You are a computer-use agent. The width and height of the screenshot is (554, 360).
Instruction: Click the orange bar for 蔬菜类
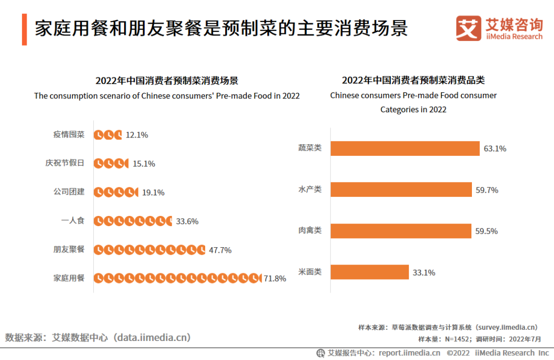[405, 148]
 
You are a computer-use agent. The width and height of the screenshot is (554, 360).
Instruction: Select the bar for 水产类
[401, 190]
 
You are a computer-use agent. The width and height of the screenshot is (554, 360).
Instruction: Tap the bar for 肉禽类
[401, 231]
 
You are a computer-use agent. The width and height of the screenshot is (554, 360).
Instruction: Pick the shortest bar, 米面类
[369, 272]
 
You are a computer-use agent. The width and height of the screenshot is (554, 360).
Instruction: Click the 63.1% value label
[495, 149]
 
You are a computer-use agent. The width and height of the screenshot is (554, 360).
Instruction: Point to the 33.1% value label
[424, 273]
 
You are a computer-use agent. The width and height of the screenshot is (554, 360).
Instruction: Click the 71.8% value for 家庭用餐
[275, 278]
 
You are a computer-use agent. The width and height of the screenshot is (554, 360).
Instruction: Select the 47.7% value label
[220, 250]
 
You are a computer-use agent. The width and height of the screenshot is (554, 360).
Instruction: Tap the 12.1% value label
[137, 135]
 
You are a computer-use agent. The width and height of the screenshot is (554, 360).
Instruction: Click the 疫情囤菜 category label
[69, 135]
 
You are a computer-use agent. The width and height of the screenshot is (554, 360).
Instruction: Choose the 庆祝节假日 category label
[65, 163]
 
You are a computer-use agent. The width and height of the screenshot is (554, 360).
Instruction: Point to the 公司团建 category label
[69, 192]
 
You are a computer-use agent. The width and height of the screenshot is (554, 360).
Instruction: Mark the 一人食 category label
[72, 221]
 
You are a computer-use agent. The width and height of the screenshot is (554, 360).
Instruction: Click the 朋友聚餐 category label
[69, 250]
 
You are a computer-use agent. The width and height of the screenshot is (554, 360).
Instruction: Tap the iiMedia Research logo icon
[468, 28]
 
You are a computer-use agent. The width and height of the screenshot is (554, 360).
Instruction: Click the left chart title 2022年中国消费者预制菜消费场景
[167, 81]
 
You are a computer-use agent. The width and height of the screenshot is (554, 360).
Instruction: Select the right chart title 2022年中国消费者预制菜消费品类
[413, 81]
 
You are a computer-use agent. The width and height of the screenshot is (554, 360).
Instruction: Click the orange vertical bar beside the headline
[24, 29]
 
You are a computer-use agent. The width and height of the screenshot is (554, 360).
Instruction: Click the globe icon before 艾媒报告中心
[321, 353]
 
